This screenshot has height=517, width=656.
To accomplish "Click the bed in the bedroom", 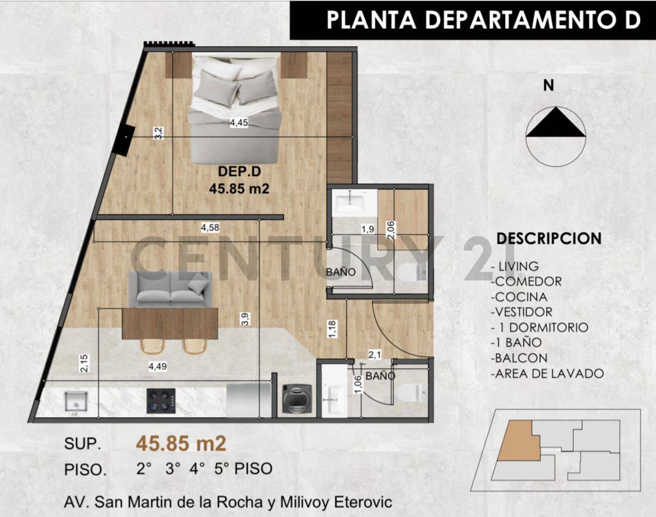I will (x=233, y=108).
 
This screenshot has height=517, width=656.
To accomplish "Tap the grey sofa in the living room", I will (x=170, y=289).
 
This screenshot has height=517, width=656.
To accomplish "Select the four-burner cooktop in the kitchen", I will (x=161, y=400).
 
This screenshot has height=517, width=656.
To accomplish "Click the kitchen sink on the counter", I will (x=74, y=400).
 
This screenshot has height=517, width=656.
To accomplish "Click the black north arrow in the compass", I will (x=555, y=123).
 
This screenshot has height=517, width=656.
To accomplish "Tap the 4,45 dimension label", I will (x=239, y=123).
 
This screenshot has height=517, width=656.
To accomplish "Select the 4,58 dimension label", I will (x=211, y=227).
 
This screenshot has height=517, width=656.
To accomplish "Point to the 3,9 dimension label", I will (x=244, y=319).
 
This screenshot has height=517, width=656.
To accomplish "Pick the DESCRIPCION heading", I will (x=549, y=238).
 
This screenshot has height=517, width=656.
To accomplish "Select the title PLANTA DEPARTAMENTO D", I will (x=483, y=19).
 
